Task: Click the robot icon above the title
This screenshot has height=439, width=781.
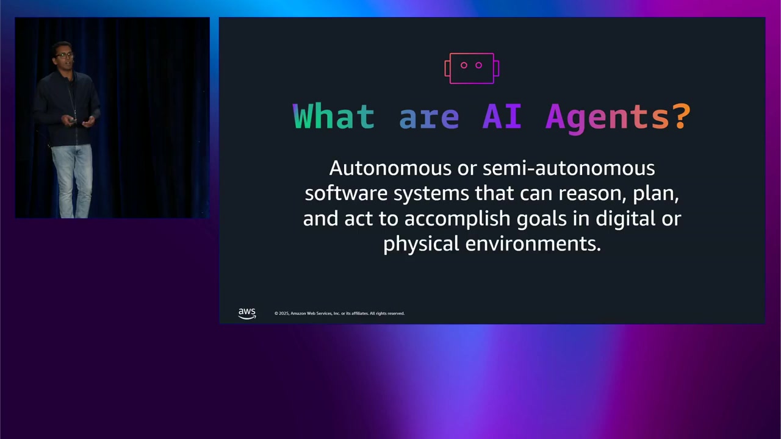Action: [472, 68]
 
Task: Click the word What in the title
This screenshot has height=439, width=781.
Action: [334, 116]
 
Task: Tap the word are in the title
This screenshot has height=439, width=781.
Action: [428, 116]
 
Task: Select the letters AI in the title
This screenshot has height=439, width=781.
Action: [502, 116]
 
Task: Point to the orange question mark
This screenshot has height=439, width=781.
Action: [682, 116]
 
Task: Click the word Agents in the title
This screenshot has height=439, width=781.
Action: [607, 117]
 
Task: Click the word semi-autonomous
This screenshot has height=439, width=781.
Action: [569, 168]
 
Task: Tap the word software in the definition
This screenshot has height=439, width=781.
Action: [346, 193]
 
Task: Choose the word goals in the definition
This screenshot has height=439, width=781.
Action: [541, 219]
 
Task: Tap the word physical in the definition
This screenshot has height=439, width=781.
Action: [421, 244]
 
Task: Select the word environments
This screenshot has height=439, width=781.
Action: [533, 244]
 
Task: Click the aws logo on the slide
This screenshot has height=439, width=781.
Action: [247, 313]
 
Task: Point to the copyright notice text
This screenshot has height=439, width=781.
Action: [339, 313]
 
